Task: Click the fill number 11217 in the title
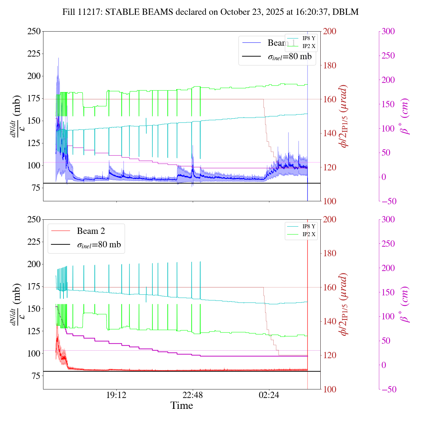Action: [86, 12]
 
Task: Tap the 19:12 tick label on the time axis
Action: [116, 395]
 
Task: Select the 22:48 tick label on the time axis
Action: [193, 395]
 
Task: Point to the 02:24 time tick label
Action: [269, 395]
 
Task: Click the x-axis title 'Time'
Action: [182, 406]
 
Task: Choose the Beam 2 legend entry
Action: [91, 231]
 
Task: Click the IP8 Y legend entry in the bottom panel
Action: [309, 227]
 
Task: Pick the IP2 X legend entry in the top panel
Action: [309, 46]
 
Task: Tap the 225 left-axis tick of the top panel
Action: [34, 54]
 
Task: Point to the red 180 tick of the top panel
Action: [330, 65]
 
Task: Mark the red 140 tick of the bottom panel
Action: [330, 321]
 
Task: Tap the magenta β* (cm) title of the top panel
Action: [405, 116]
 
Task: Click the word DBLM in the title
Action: [345, 12]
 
